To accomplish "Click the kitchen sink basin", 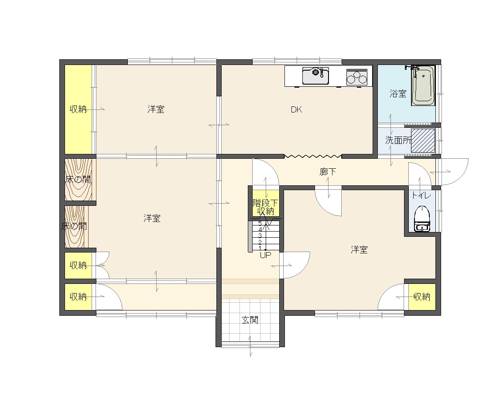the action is (316, 75).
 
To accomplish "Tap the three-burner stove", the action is (357, 77).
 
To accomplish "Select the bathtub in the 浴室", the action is (423, 86).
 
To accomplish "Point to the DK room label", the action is (296, 109).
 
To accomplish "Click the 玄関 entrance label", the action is (250, 320).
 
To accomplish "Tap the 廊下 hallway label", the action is (328, 172).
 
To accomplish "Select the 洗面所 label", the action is (398, 140).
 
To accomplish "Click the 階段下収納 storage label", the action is (265, 207).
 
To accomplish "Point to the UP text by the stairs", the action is (265, 255).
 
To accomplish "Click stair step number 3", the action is (260, 236).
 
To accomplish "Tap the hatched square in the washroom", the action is (423, 140).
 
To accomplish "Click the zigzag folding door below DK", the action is (312, 156).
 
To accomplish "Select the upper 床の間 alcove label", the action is (78, 179).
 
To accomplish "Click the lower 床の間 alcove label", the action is (74, 226).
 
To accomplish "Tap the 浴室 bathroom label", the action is (398, 94).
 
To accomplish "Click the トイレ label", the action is (421, 195).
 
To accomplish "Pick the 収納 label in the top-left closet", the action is (78, 109).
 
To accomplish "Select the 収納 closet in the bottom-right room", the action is (422, 297).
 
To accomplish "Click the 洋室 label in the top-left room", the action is (156, 109).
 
